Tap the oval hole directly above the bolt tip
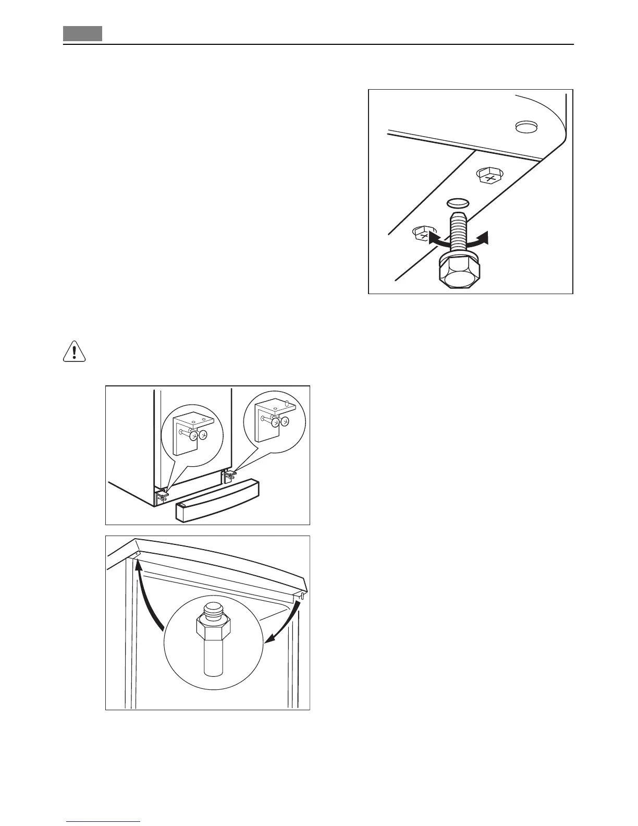(458, 202)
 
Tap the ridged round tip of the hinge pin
(213, 609)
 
